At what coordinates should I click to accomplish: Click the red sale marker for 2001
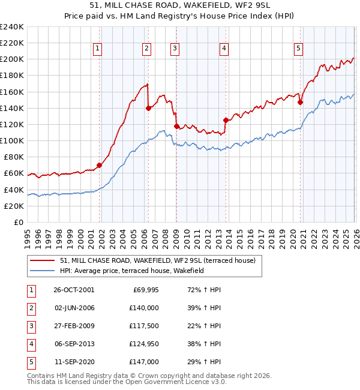coord(99,165)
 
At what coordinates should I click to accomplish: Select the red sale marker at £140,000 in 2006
coord(148,108)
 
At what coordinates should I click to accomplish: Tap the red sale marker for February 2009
coord(176,126)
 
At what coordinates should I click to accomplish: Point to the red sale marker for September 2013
coord(226,120)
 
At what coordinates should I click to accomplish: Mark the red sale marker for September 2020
coord(300,102)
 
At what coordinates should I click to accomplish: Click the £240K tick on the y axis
coord(12,27)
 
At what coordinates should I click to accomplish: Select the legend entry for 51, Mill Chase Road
coord(157,260)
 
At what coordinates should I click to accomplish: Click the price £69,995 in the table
coord(144,289)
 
